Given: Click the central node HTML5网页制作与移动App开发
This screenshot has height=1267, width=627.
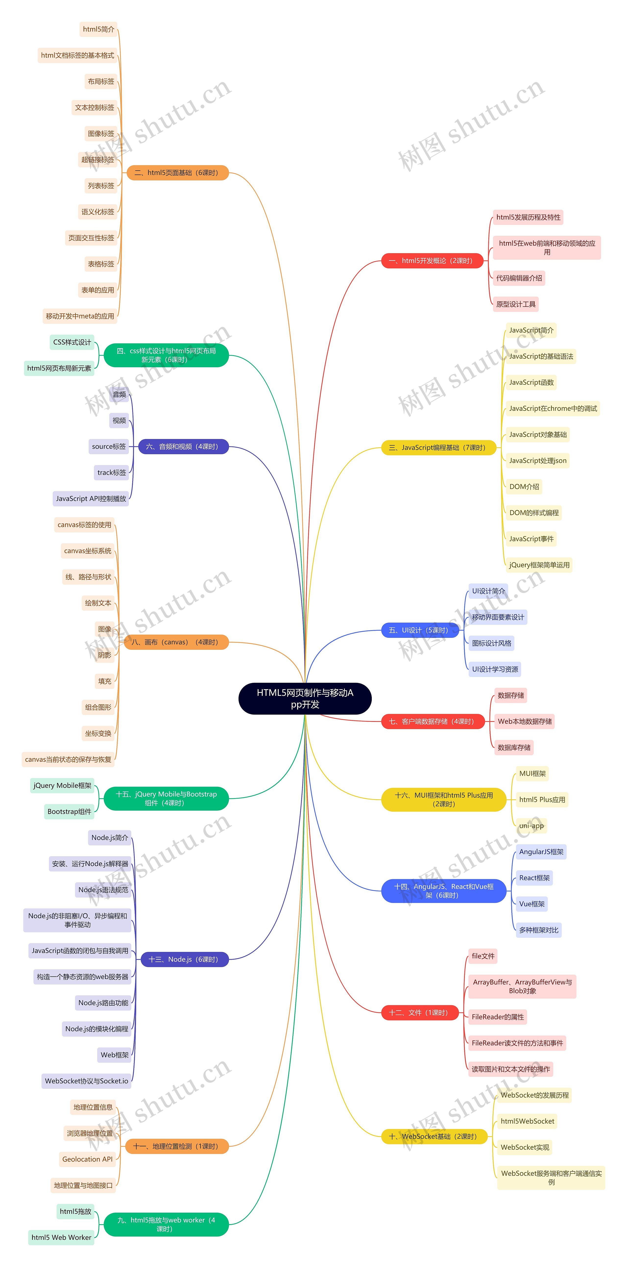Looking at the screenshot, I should [x=305, y=699].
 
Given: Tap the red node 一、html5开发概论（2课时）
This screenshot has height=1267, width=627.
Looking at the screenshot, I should [x=432, y=261].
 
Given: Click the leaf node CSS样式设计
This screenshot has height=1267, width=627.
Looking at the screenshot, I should [x=72, y=342].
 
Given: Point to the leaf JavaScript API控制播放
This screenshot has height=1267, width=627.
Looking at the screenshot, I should [x=91, y=498].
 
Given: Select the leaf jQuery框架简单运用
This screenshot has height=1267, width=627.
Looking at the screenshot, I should [x=539, y=565].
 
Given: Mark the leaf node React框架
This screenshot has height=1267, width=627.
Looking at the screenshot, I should [x=534, y=877].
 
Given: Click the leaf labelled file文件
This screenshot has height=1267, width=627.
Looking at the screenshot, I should [x=483, y=956].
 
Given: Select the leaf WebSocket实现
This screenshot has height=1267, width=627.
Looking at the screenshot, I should [x=525, y=1147].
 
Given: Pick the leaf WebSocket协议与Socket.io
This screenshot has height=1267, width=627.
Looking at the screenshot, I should [x=87, y=1081].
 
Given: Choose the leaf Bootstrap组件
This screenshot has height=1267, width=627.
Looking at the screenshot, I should [x=69, y=811].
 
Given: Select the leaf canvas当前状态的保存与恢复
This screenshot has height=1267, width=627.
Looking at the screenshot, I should [x=68, y=759].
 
